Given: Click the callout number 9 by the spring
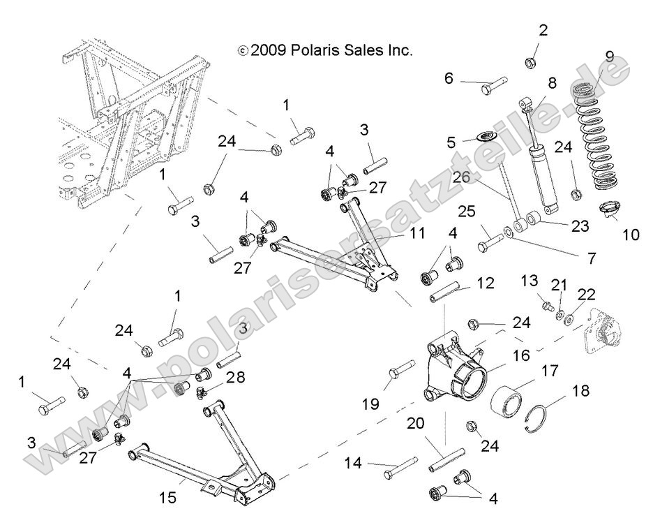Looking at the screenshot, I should tap(609, 57).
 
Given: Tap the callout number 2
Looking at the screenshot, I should tap(543, 30).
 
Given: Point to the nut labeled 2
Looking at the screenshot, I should tap(530, 63).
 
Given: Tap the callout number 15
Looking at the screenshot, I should tap(168, 498).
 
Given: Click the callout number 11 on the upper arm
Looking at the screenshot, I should tap(417, 234).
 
